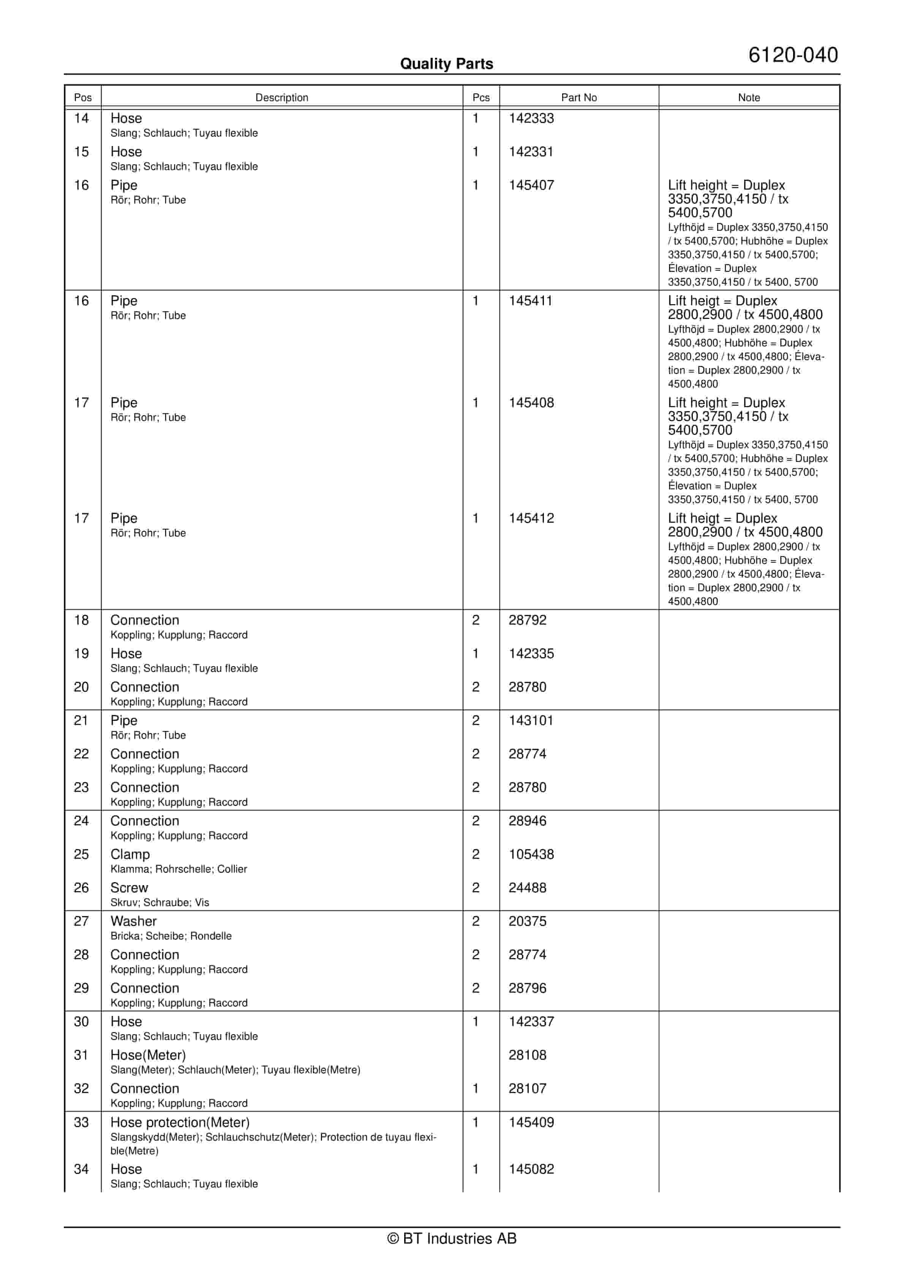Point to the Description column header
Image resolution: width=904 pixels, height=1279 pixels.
coord(282,97)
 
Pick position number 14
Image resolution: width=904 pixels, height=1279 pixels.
coord(81,118)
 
